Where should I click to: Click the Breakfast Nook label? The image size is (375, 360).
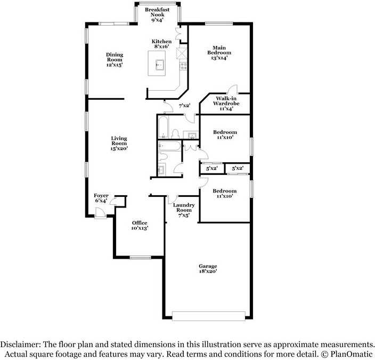click(157, 14)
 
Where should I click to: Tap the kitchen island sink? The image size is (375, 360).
click(160, 65)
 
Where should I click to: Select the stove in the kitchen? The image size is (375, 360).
click(183, 66)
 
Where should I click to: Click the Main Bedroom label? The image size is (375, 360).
click(219, 53)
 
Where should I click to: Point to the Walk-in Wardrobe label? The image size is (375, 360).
click(226, 103)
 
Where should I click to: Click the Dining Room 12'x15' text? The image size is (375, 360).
click(115, 60)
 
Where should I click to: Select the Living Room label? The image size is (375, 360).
click(119, 143)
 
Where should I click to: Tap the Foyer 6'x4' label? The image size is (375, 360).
click(101, 198)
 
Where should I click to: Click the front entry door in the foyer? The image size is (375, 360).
click(100, 213)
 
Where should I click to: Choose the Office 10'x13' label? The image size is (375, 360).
click(140, 226)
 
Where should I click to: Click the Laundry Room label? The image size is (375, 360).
click(184, 210)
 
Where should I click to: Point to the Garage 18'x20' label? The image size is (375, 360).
click(208, 268)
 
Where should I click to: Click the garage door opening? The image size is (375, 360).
click(209, 316)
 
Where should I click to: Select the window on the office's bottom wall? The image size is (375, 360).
click(141, 258)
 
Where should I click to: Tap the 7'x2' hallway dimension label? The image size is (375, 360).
click(184, 105)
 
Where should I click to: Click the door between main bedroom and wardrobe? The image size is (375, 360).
click(232, 90)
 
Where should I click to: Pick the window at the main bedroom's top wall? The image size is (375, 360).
click(219, 23)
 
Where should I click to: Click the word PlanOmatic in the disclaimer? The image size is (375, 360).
click(352, 354)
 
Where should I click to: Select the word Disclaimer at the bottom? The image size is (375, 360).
click(20, 345)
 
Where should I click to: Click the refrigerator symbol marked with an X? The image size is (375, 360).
click(182, 53)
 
